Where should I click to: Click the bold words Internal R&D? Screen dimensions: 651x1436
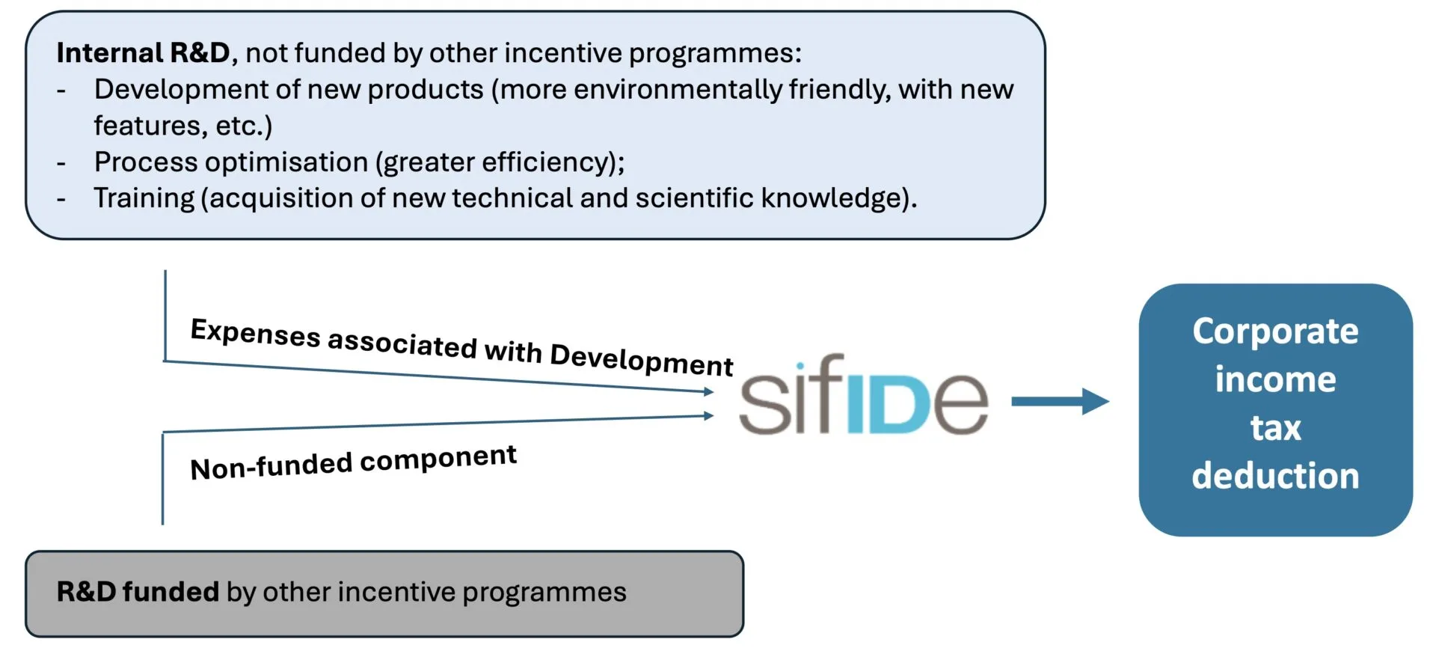point(143,53)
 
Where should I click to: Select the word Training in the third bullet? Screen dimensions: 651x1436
point(144,198)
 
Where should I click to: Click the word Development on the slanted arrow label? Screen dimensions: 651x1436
point(641,360)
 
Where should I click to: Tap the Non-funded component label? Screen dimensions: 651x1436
point(353,462)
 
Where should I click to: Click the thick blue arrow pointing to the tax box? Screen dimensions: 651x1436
point(1059,402)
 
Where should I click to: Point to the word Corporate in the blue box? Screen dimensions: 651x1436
point(1275,331)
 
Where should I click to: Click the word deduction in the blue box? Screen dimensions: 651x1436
point(1275,476)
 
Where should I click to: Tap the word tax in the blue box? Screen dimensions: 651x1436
point(1275,428)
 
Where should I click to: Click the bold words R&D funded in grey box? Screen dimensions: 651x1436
point(138,592)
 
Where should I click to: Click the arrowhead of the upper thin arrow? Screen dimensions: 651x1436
point(709,391)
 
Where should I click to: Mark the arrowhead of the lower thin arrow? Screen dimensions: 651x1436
point(709,415)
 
